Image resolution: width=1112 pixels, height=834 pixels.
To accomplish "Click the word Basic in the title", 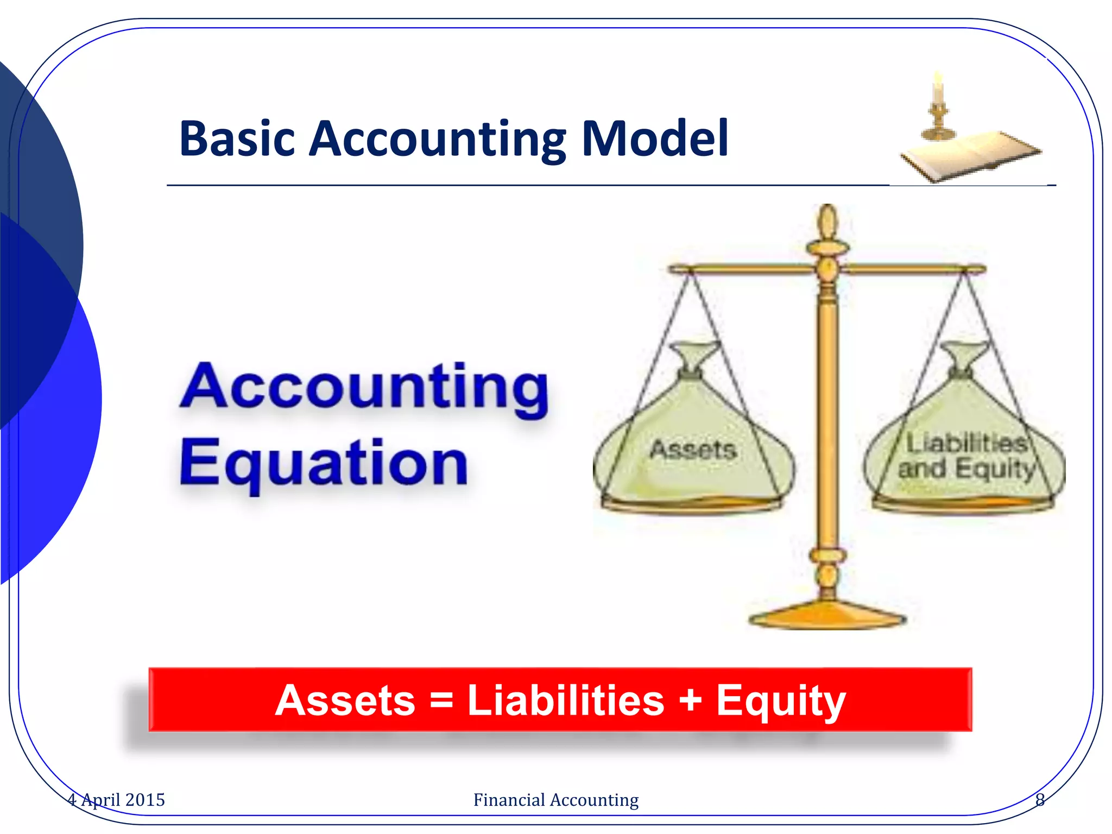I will pyautogui.click(x=237, y=139).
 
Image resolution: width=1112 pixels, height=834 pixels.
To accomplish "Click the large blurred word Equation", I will pyautogui.click(x=324, y=463).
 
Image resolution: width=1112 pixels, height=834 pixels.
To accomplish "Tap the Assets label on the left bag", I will pyautogui.click(x=693, y=450).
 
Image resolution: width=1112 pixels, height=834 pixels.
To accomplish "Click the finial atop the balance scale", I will pyautogui.click(x=827, y=223).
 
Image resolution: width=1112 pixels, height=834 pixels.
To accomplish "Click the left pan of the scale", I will pyautogui.click(x=691, y=504).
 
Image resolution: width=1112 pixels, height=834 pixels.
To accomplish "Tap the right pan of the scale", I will pyautogui.click(x=963, y=504).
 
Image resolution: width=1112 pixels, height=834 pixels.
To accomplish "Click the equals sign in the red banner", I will pyautogui.click(x=441, y=700).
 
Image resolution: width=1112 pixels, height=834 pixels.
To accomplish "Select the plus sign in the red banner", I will pyautogui.click(x=691, y=700).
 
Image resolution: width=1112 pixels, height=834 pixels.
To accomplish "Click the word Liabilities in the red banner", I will pyautogui.click(x=566, y=700).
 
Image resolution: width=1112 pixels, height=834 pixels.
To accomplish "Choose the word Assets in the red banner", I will pyautogui.click(x=345, y=700).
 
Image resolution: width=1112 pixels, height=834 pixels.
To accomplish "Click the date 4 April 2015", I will pyautogui.click(x=116, y=800).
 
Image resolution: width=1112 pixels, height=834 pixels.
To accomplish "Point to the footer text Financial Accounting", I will pyautogui.click(x=555, y=800).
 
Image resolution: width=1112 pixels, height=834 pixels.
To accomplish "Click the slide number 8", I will pyautogui.click(x=1040, y=800).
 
